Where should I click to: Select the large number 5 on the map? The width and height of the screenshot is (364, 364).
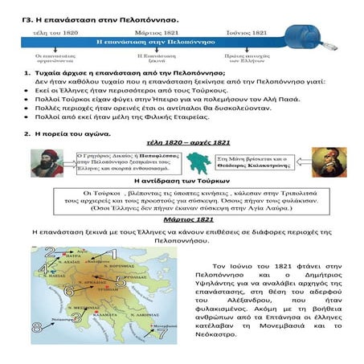pos(121,281)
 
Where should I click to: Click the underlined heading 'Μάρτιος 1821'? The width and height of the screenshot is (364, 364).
pos(181,219)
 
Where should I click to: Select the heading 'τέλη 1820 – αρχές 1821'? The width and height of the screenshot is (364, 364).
pos(182,139)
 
